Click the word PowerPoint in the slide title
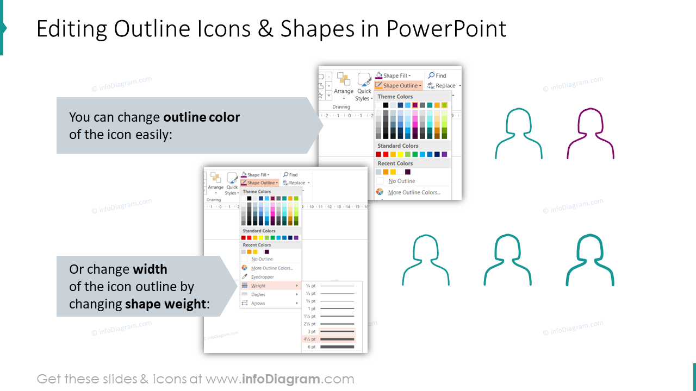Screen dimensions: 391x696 [x=446, y=29]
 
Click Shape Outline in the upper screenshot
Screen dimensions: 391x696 [x=400, y=86]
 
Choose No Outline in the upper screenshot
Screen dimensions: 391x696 [x=402, y=181]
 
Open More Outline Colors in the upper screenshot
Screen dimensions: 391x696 [x=414, y=192]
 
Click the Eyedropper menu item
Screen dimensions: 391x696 [x=263, y=277]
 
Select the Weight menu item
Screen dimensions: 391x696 [x=258, y=286]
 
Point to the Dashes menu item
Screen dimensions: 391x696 [x=258, y=294]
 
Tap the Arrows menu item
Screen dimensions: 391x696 [x=258, y=303]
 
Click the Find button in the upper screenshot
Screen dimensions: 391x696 [x=440, y=75]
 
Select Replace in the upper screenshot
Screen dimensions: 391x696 [x=445, y=86]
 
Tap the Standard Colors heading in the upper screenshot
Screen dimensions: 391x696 [x=398, y=146]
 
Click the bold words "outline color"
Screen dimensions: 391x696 [x=202, y=117]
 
